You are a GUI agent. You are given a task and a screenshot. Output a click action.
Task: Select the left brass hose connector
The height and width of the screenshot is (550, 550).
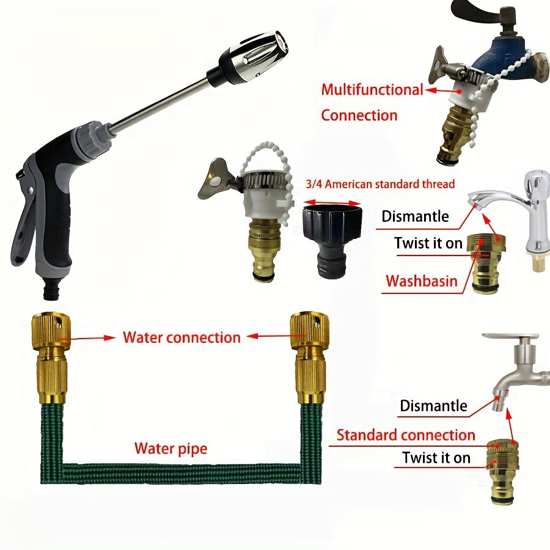(x=51, y=357)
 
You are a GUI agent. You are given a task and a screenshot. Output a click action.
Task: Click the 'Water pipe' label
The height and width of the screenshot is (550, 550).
(x=171, y=449)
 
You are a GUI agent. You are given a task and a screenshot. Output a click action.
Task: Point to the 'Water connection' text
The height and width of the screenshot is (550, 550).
(x=182, y=337)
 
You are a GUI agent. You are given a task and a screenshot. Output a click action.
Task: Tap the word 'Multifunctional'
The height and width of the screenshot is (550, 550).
(x=373, y=89)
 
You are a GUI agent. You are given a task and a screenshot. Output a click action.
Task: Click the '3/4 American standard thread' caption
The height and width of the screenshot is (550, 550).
(x=380, y=184)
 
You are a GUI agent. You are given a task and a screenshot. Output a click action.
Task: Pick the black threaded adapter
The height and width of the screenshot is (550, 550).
(x=332, y=241)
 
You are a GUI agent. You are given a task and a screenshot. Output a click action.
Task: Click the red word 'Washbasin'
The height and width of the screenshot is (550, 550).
(x=422, y=281)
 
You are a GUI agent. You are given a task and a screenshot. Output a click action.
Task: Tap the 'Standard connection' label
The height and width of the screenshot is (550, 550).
(x=406, y=435)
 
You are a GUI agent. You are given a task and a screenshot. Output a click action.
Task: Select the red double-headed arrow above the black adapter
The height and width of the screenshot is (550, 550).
(x=332, y=203)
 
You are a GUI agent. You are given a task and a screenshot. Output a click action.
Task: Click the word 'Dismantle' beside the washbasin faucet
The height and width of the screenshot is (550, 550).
(x=415, y=216)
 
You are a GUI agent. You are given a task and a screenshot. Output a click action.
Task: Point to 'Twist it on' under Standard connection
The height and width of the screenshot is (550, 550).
(x=436, y=458)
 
